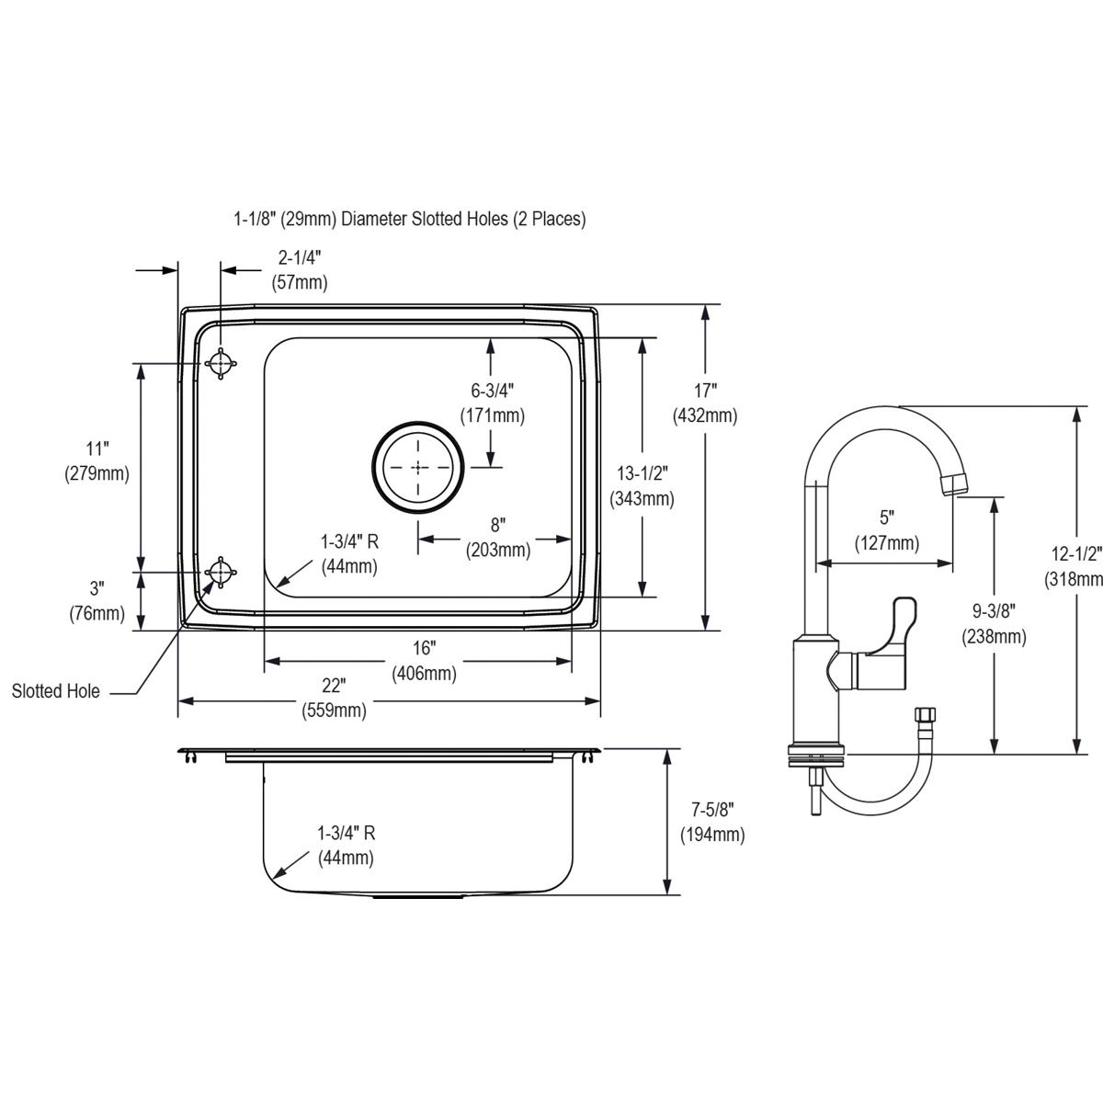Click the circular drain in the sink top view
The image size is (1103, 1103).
coord(418,467)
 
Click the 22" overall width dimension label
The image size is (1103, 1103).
coord(333,698)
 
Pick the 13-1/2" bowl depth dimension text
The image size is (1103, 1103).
coord(642,486)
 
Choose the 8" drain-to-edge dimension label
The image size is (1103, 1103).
coord(497,538)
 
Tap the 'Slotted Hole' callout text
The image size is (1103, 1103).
coord(56,691)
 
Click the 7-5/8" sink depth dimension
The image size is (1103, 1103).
coord(712,822)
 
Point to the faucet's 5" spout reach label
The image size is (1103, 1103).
coord(886,530)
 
